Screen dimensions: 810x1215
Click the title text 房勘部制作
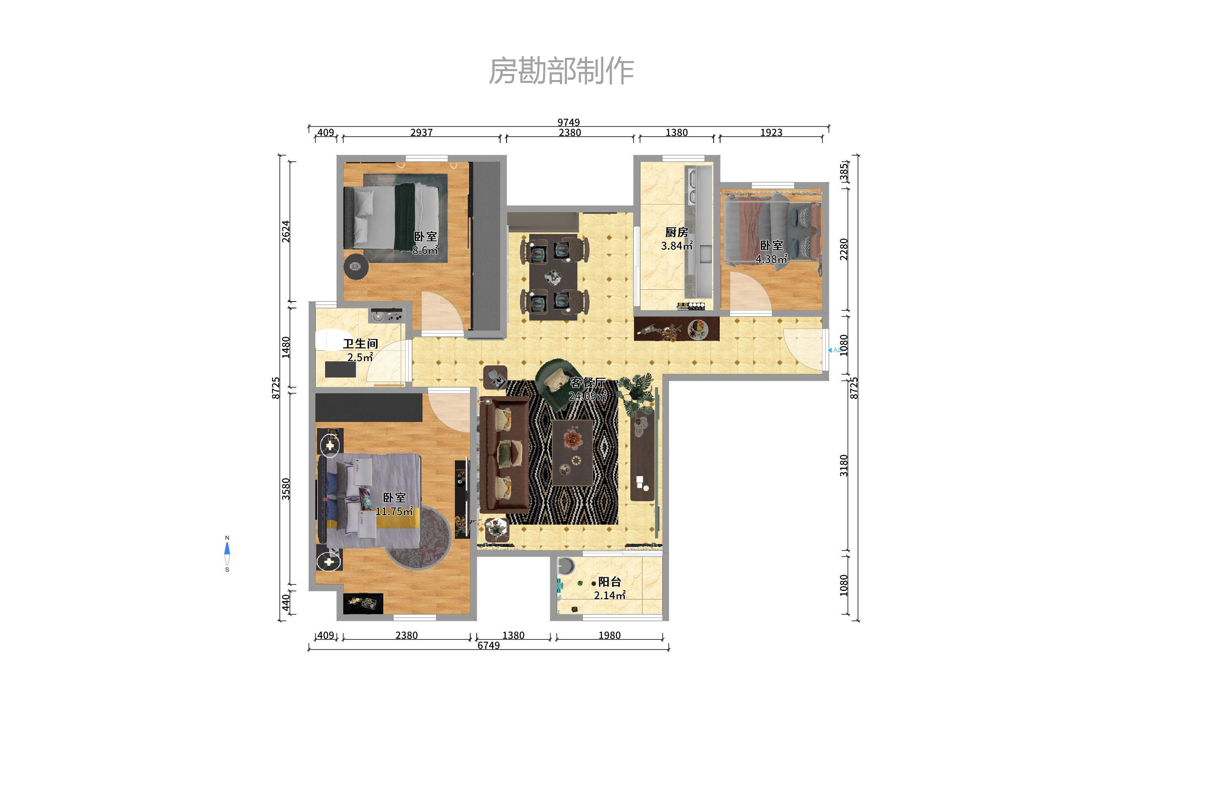pyautogui.click(x=561, y=71)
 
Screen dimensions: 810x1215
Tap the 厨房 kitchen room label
pyautogui.click(x=676, y=232)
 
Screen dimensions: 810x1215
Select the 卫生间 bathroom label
pyautogui.click(x=360, y=344)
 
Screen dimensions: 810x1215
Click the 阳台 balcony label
pyautogui.click(x=609, y=582)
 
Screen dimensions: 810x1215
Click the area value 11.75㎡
pyautogui.click(x=394, y=511)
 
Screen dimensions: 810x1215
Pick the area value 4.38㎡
pyautogui.click(x=771, y=259)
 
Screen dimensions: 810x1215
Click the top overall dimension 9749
pyautogui.click(x=568, y=122)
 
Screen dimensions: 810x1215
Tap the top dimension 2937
pyautogui.click(x=421, y=133)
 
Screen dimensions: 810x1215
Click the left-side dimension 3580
pyautogui.click(x=286, y=489)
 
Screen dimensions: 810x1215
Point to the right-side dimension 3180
pyautogui.click(x=844, y=466)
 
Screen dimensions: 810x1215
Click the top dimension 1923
pyautogui.click(x=771, y=133)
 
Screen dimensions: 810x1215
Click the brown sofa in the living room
pyautogui.click(x=503, y=455)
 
